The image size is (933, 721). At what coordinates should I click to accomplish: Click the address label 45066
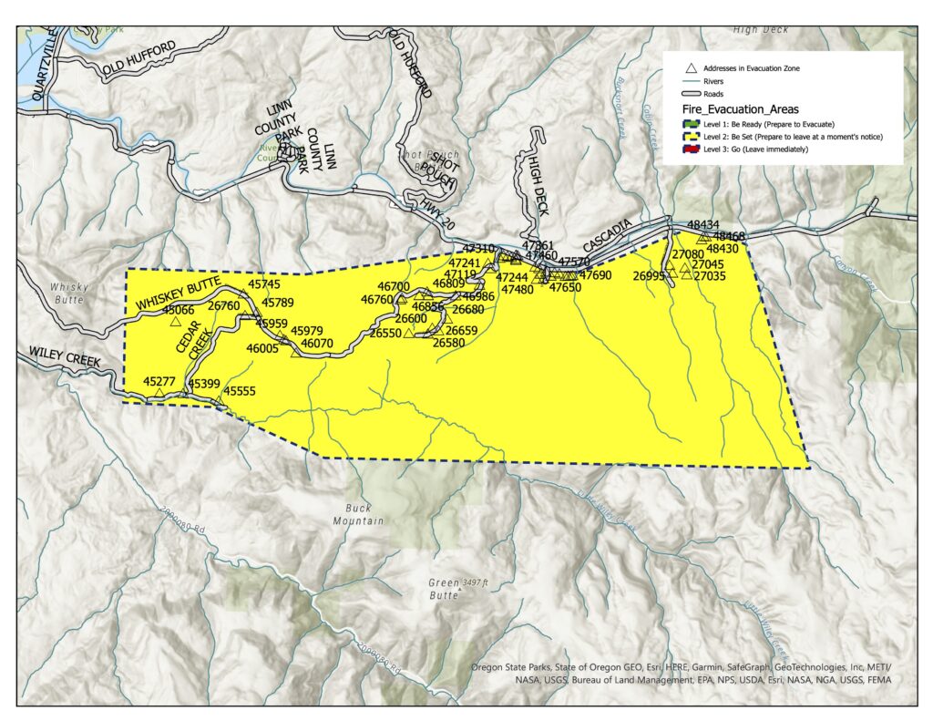[179, 311]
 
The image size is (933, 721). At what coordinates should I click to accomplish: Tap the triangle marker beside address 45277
[159, 393]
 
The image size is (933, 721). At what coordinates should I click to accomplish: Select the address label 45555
[239, 391]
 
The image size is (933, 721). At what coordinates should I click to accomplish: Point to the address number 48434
[702, 224]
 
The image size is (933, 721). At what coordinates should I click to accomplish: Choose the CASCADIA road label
[606, 242]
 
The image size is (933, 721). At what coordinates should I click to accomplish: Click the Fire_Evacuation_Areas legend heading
[733, 108]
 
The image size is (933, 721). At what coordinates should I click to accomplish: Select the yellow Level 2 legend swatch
[692, 136]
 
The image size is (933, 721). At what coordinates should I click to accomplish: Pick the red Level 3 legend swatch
[692, 149]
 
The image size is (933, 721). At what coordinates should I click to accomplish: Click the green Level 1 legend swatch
[692, 123]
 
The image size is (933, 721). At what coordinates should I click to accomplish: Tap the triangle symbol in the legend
[692, 68]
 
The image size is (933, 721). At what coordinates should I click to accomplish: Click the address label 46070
[317, 344]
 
